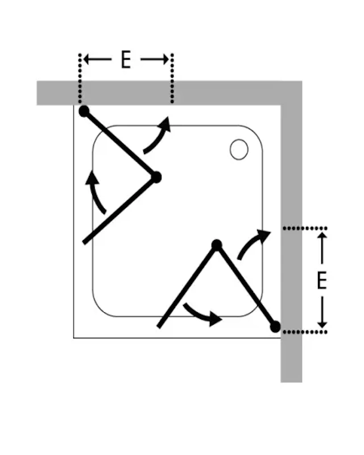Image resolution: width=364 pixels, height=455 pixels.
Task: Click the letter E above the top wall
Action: [126, 60]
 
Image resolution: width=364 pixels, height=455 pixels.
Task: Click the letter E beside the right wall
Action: [321, 280]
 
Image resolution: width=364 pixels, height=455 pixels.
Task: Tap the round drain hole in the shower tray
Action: [239, 150]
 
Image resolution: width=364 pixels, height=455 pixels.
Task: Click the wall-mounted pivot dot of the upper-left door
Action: [84, 111]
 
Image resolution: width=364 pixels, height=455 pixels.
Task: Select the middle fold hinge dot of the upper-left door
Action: [156, 177]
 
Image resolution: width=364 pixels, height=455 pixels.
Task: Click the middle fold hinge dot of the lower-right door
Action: [217, 245]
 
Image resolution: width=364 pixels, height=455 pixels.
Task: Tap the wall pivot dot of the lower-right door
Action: [275, 326]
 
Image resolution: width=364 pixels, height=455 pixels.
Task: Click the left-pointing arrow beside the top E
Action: [97, 60]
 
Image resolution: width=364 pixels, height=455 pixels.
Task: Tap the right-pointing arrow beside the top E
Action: [155, 60]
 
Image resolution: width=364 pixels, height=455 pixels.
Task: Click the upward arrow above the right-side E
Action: [322, 249]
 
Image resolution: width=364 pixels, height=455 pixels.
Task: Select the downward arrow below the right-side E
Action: [322, 312]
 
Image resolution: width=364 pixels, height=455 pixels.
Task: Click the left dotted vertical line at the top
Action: [80, 78]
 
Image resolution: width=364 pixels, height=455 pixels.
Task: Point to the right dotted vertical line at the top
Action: [172, 78]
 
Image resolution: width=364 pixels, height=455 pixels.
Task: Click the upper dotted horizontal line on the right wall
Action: [305, 229]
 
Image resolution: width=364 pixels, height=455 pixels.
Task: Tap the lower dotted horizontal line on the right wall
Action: [305, 332]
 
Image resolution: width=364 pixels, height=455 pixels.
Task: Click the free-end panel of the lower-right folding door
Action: [187, 287]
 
